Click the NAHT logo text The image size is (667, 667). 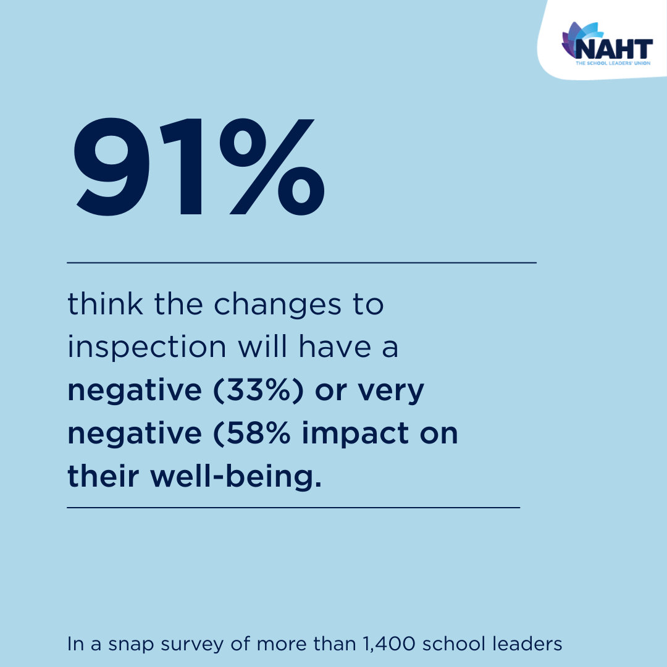pyautogui.click(x=613, y=49)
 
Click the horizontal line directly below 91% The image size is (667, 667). pyautogui.click(x=301, y=262)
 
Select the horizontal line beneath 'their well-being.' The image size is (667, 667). pyautogui.click(x=293, y=507)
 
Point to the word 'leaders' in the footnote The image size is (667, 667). pyautogui.click(x=529, y=644)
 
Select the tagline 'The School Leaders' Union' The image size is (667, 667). pyautogui.click(x=613, y=62)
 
